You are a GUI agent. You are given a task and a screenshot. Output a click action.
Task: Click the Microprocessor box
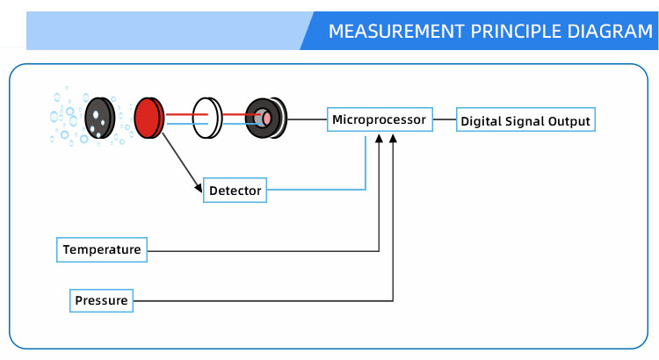click(379, 119)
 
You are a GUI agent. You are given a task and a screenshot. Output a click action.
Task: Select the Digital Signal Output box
click(525, 121)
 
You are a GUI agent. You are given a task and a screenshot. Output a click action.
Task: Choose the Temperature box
click(101, 250)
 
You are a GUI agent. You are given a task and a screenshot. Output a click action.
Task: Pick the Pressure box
click(101, 301)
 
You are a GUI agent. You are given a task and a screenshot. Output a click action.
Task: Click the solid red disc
click(148, 118)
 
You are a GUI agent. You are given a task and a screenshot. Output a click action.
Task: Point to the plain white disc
click(206, 118)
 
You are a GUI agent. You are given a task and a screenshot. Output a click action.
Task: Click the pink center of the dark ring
click(263, 118)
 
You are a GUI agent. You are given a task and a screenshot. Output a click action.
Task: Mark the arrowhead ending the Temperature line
click(379, 138)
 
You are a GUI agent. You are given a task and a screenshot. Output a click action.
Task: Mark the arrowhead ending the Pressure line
click(393, 138)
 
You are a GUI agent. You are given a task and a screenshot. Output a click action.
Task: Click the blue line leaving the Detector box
click(316, 189)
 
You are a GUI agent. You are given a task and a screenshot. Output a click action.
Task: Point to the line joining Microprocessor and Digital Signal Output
click(444, 120)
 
